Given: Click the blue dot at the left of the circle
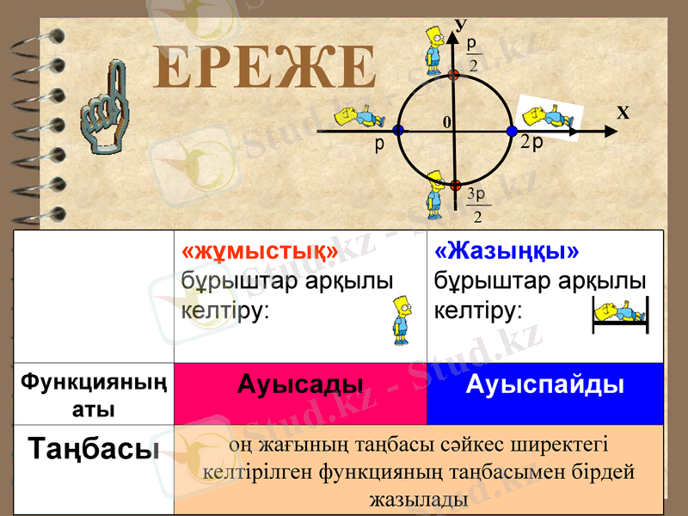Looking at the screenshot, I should click(397, 131).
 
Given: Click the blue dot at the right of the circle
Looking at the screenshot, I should click(512, 131).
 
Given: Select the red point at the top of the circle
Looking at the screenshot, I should click(455, 75).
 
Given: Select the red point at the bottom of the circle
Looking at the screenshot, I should click(455, 185).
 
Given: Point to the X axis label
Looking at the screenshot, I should click(623, 113).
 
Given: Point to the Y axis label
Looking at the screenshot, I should click(459, 27).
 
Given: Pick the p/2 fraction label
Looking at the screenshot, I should click(472, 53).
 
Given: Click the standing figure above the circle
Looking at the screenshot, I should click(435, 52).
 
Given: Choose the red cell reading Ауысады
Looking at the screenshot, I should click(300, 384).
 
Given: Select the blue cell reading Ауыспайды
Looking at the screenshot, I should click(545, 384).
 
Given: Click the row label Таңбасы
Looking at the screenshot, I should click(94, 448).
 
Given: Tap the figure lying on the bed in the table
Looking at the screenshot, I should click(620, 315).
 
